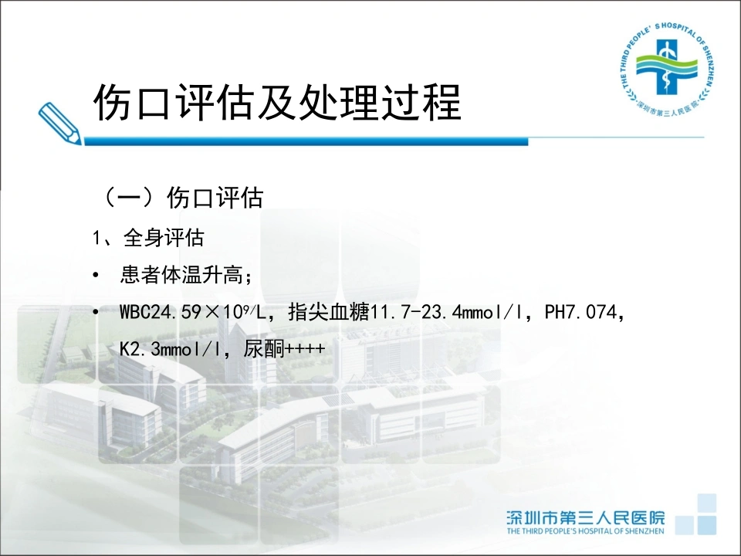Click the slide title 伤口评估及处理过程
(x=277, y=103)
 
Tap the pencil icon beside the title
(x=59, y=123)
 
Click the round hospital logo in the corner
(x=666, y=69)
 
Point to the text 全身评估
(x=164, y=237)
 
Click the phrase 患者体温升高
(x=181, y=275)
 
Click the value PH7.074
(x=581, y=312)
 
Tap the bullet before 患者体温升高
(x=96, y=275)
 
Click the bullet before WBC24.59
(x=96, y=312)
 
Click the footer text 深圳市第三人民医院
(x=586, y=517)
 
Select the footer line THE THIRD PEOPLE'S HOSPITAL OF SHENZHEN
(x=586, y=531)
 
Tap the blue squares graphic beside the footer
(x=695, y=514)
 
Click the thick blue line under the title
(x=306, y=141)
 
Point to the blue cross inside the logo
(x=666, y=66)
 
